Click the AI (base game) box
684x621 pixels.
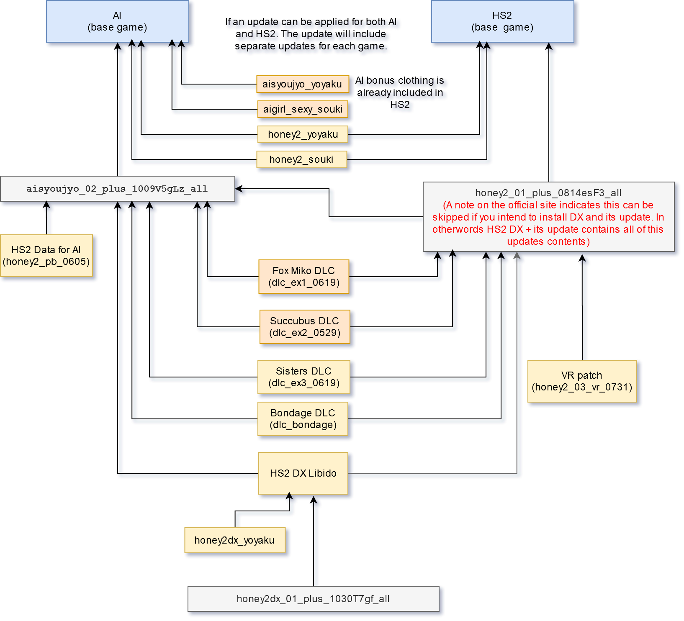click(x=117, y=21)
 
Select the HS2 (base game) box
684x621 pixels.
click(x=502, y=21)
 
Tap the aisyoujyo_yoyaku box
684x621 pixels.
click(x=302, y=84)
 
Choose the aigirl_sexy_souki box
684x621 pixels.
click(x=303, y=109)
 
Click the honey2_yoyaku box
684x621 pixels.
click(x=303, y=134)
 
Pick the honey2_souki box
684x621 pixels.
click(x=301, y=159)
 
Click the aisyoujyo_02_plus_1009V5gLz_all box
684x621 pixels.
click(x=117, y=189)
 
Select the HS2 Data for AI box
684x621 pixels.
click(x=46, y=256)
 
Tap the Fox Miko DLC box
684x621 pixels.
click(x=303, y=277)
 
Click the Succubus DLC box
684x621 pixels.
click(x=304, y=327)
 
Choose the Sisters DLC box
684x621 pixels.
click(x=303, y=377)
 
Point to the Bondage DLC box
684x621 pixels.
click(x=303, y=419)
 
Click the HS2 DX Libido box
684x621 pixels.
click(x=303, y=473)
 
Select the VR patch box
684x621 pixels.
click(x=582, y=381)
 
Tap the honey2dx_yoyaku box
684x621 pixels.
click(x=234, y=540)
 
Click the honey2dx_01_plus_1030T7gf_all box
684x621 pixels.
click(x=313, y=599)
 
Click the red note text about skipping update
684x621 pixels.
click(x=548, y=223)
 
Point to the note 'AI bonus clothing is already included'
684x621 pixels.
click(x=400, y=92)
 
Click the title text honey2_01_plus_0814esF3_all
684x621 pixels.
click(x=548, y=193)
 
